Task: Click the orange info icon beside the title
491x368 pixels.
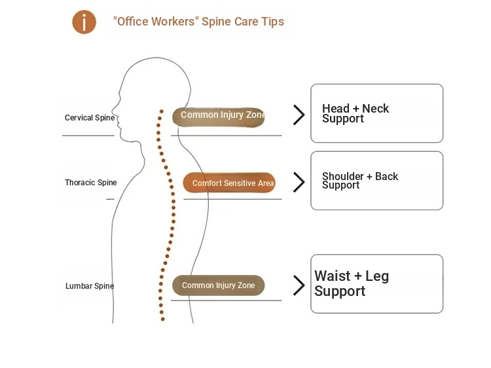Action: tap(84, 22)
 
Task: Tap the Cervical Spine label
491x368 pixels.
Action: tap(90, 119)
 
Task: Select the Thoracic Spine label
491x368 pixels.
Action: tap(90, 183)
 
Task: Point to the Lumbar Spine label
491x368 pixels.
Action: tap(90, 286)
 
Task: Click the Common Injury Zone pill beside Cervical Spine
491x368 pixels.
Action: tap(219, 116)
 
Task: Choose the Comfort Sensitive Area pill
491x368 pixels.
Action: tap(229, 183)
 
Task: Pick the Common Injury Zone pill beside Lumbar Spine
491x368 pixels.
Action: tap(218, 285)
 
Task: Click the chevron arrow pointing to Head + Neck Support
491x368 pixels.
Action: tap(299, 115)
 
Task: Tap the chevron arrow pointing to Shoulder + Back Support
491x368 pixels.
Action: tap(299, 182)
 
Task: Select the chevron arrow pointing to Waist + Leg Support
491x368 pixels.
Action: tap(299, 285)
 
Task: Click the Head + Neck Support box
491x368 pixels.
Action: tap(376, 113)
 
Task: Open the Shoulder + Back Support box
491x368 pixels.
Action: tap(376, 181)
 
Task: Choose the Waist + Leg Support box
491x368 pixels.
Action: tap(376, 284)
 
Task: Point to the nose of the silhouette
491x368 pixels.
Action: tap(113, 110)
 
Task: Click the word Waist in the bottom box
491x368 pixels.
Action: tap(332, 276)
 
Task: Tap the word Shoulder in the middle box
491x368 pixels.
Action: tap(343, 177)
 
